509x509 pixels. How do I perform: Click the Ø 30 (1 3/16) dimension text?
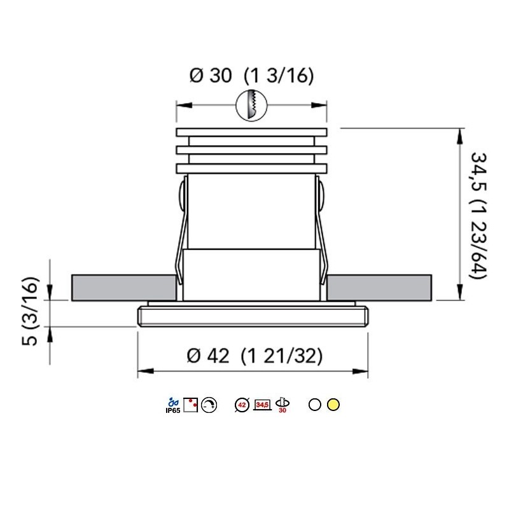(252, 76)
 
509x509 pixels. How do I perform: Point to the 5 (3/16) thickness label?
(30, 312)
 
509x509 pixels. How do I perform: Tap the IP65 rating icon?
(171, 405)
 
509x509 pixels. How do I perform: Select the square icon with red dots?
(191, 403)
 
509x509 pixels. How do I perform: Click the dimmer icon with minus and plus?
(209, 404)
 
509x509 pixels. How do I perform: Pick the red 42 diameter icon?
(242, 404)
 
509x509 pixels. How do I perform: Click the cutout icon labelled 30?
(282, 404)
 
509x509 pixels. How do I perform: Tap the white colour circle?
(314, 404)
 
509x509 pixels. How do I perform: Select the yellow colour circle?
(333, 404)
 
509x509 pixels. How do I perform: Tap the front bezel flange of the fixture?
(253, 316)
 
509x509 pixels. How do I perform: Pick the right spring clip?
(321, 235)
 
